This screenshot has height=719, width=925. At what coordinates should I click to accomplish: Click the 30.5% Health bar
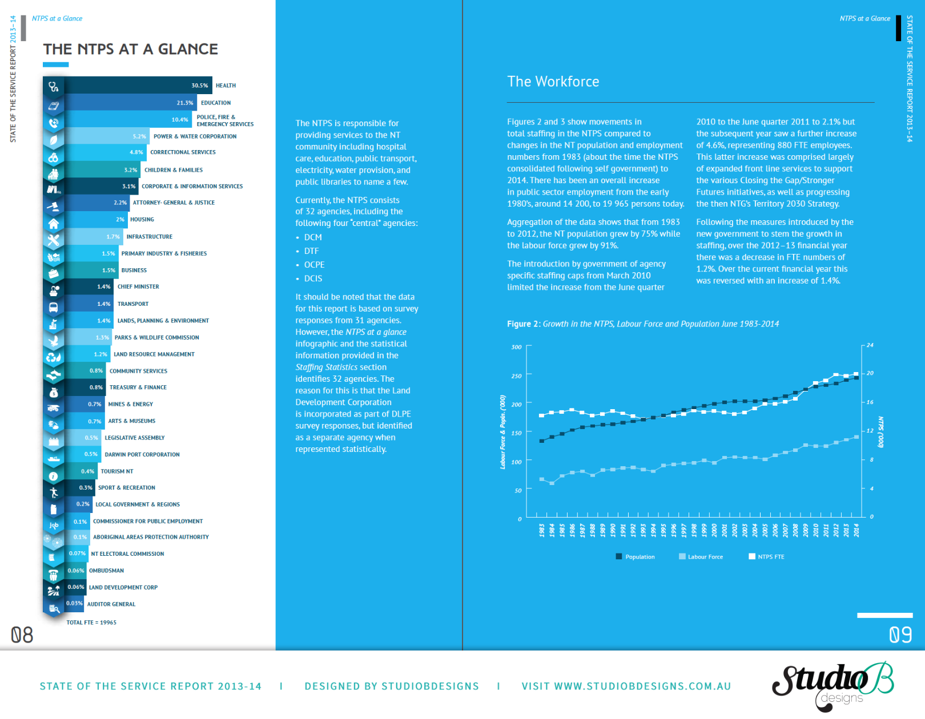(x=137, y=86)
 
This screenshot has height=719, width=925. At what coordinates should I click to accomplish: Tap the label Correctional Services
(x=183, y=152)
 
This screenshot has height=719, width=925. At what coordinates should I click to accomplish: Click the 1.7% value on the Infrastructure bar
(x=113, y=237)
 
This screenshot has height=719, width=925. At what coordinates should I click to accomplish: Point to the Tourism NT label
(x=116, y=471)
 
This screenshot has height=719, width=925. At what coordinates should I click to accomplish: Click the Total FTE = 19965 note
(x=91, y=623)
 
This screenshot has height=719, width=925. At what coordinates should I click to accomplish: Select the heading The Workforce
(x=553, y=82)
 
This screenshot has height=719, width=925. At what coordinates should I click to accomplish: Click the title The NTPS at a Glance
(x=130, y=50)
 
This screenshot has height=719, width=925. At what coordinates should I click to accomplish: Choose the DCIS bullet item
(x=313, y=278)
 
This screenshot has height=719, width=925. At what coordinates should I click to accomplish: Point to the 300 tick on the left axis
(x=516, y=347)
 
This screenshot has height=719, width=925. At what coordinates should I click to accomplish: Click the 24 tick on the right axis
(x=870, y=345)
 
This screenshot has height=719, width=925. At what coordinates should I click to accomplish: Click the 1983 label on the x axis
(x=542, y=530)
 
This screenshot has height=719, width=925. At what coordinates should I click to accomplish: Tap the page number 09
(x=900, y=635)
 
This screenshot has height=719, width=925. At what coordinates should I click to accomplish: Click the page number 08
(x=22, y=635)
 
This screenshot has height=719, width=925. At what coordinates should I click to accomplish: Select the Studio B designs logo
(x=832, y=685)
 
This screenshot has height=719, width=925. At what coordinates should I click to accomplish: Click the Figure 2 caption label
(x=523, y=324)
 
